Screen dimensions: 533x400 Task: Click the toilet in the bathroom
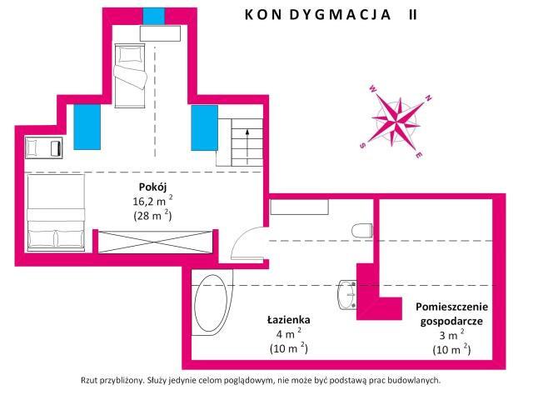click(x=362, y=231)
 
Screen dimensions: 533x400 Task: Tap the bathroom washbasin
click(x=346, y=294)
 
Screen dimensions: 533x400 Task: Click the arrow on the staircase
click(x=247, y=147)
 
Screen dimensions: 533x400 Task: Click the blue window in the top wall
click(x=153, y=16)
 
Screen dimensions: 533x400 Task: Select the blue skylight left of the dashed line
click(x=87, y=127)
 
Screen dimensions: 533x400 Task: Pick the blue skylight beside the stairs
click(x=204, y=127)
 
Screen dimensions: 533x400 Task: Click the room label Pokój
click(x=152, y=187)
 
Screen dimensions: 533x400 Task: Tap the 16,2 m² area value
click(x=152, y=201)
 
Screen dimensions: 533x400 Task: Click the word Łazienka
click(x=289, y=320)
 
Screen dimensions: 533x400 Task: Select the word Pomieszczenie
click(x=451, y=307)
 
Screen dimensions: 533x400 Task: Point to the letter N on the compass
click(x=428, y=98)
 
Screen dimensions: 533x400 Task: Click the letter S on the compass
click(x=362, y=146)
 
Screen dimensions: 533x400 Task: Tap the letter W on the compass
click(x=372, y=89)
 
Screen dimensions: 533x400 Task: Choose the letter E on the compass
click(x=420, y=155)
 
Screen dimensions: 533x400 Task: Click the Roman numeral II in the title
click(x=413, y=15)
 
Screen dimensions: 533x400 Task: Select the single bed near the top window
click(x=130, y=76)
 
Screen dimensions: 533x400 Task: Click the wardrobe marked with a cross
click(x=156, y=242)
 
